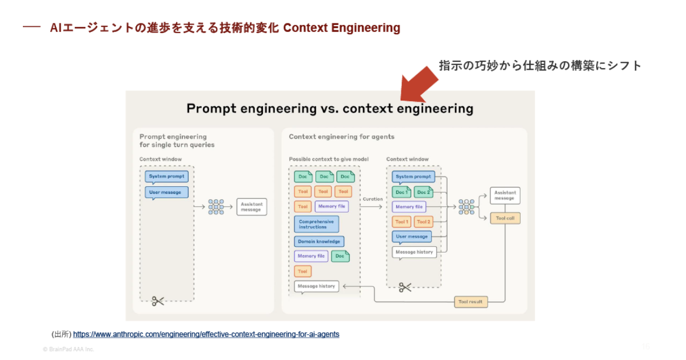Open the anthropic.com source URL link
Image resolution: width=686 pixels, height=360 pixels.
pyautogui.click(x=206, y=334)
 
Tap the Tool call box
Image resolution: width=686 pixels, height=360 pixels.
pyautogui.click(x=505, y=218)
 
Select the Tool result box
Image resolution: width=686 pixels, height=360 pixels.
pyautogui.click(x=471, y=302)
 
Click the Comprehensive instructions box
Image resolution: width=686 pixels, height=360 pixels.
pyautogui.click(x=316, y=224)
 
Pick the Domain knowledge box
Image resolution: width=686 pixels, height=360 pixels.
pyautogui.click(x=319, y=242)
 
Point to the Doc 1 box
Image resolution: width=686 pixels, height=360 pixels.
pyautogui.click(x=401, y=192)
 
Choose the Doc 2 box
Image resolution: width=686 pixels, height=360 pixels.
pyautogui.click(x=424, y=192)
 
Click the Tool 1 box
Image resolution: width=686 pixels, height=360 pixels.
pyautogui.click(x=401, y=222)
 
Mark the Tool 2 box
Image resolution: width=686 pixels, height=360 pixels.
pyautogui.click(x=424, y=222)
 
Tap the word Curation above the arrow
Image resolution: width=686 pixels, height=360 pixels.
pyautogui.click(x=373, y=199)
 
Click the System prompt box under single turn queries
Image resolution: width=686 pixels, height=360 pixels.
pyautogui.click(x=166, y=177)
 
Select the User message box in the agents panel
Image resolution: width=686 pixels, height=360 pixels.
pyautogui.click(x=412, y=237)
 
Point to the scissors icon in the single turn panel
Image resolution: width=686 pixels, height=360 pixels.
pyautogui.click(x=158, y=301)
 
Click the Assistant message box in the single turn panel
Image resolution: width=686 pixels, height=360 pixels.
pyautogui.click(x=251, y=207)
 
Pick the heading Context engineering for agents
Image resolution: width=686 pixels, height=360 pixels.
pyautogui.click(x=341, y=137)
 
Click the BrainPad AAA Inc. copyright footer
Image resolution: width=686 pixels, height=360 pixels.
pyautogui.click(x=69, y=349)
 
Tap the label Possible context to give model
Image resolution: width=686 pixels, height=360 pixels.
pyautogui.click(x=329, y=159)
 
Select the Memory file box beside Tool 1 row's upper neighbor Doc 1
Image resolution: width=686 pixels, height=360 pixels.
pyautogui.click(x=409, y=207)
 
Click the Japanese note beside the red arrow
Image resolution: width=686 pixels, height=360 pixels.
pyautogui.click(x=540, y=66)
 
